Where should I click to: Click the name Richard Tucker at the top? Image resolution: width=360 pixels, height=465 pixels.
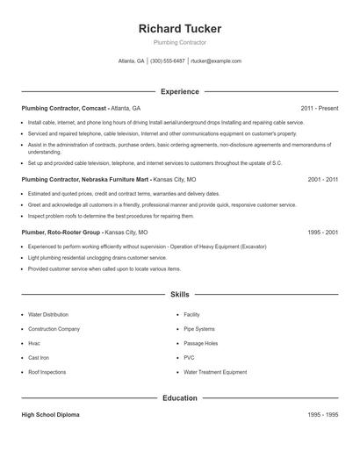coord(180,28)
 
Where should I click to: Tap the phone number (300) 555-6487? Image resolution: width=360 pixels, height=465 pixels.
coord(168,61)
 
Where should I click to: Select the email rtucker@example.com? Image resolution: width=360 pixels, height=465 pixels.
coord(216,61)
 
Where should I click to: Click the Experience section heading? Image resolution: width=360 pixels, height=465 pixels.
coord(180,91)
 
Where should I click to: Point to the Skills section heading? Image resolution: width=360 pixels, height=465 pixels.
coord(180,295)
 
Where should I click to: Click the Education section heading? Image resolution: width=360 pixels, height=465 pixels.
coord(180,397)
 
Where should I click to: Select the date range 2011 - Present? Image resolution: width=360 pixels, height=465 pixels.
coord(319,107)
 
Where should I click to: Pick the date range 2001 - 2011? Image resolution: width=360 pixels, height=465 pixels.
coord(323,179)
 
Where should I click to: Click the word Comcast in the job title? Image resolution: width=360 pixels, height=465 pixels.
coord(94,107)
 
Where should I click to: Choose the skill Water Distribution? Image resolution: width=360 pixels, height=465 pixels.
coord(48,314)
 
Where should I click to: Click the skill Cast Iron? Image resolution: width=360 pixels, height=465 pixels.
coord(40,357)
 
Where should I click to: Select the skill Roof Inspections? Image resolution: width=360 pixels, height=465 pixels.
coord(47,372)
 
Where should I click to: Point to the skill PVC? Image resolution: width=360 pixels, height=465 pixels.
coord(189,357)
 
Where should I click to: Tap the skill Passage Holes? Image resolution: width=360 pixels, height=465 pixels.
coord(201,343)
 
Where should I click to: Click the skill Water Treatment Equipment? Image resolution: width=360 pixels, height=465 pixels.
coord(215,372)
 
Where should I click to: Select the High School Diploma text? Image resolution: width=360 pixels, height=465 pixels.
coord(50,414)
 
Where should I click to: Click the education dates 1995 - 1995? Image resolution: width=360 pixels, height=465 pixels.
coord(323,414)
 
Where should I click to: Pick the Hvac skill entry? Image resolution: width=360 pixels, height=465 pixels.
coord(34,343)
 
